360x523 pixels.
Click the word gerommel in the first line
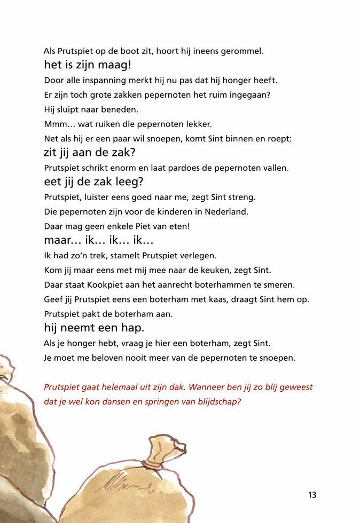(244, 52)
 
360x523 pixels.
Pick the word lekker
(197, 124)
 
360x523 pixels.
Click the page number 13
(312, 495)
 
